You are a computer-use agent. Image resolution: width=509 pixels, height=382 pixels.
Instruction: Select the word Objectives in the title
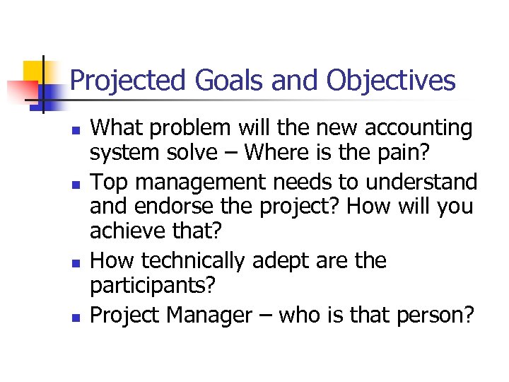391,81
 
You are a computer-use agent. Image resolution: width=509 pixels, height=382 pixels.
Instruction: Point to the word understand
421,182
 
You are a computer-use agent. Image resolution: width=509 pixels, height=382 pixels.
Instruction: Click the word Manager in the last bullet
211,314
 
